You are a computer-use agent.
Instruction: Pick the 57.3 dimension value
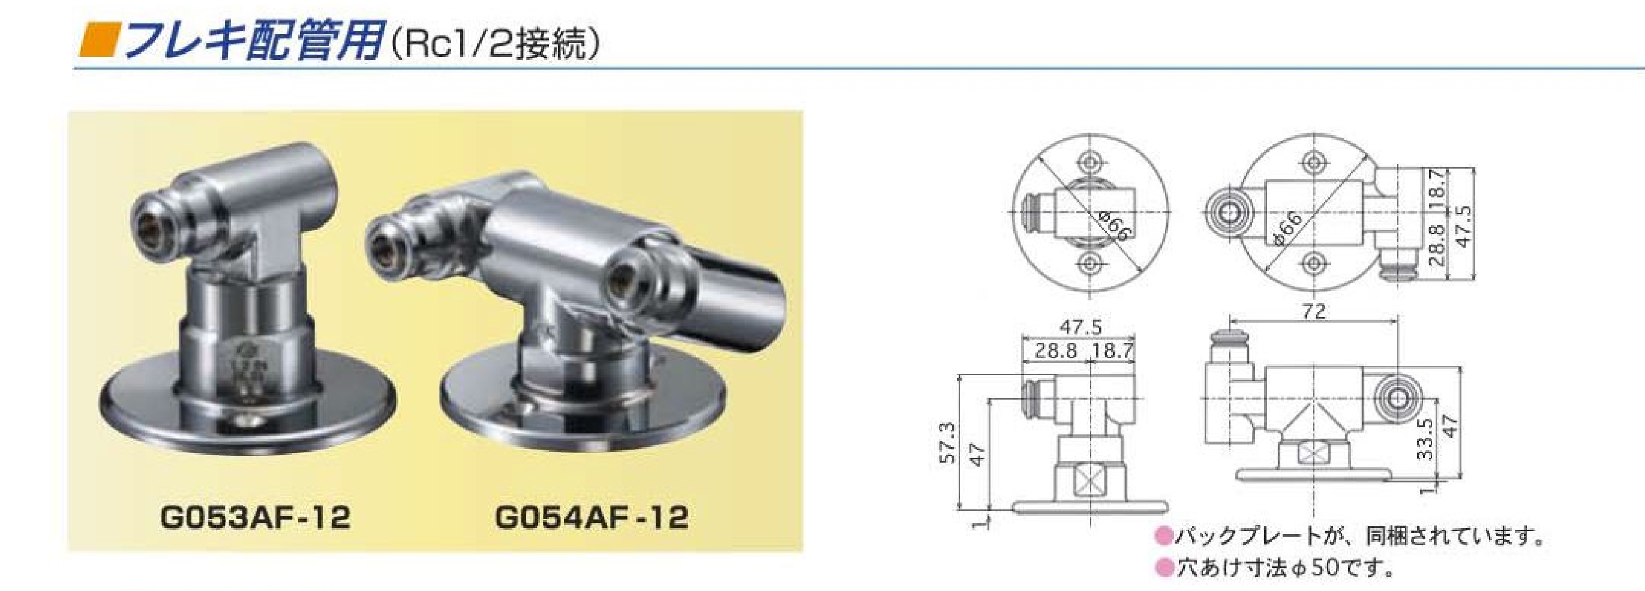point(949,442)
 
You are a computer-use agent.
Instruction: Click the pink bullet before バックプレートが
point(1165,535)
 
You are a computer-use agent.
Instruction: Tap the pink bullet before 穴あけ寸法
point(1165,568)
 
